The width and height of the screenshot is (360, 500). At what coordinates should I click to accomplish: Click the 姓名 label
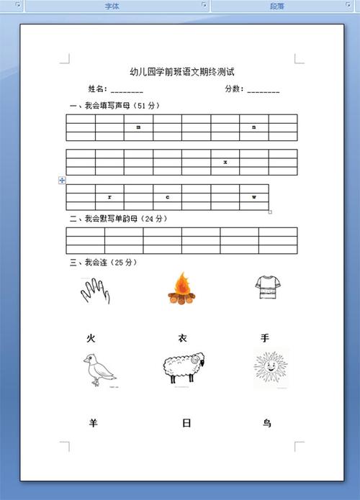98,89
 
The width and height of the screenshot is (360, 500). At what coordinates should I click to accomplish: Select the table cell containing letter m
138,127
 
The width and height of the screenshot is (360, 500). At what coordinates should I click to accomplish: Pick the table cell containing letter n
254,127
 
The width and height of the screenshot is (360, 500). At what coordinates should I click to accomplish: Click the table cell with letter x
225,163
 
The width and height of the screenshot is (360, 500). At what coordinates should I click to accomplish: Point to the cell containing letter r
109,196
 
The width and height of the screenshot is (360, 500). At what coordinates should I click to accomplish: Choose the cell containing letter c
167,196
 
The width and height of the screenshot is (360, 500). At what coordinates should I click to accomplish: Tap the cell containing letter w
254,196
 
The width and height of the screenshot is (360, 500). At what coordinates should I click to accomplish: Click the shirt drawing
266,289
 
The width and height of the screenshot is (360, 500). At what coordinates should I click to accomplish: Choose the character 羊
93,423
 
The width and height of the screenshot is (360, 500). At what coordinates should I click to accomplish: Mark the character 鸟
267,423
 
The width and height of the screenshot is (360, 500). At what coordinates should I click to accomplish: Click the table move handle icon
62,181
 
